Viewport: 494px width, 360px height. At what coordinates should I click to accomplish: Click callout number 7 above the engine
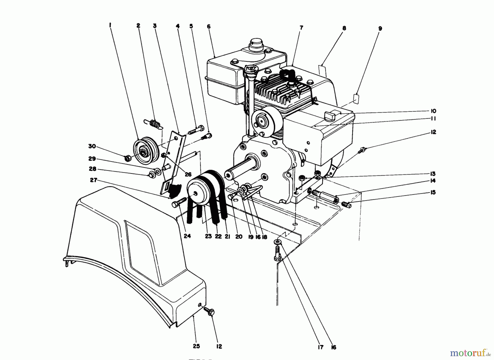pos(301,27)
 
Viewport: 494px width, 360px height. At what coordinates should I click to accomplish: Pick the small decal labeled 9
pos(356,98)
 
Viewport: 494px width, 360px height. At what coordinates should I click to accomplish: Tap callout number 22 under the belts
pos(218,236)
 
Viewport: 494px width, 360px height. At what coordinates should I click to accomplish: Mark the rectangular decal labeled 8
pos(322,69)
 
